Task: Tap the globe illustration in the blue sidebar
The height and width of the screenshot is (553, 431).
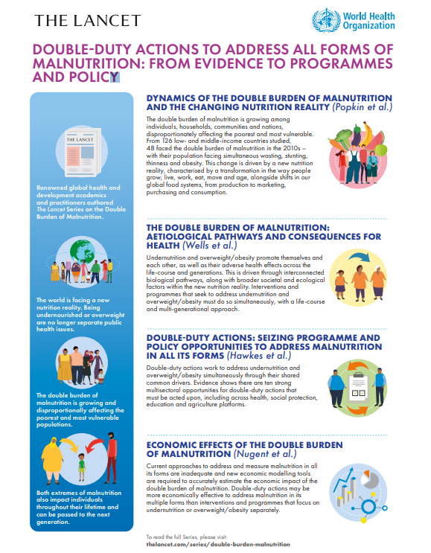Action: pos(82,256)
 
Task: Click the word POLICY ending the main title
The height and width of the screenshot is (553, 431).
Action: pos(95,76)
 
